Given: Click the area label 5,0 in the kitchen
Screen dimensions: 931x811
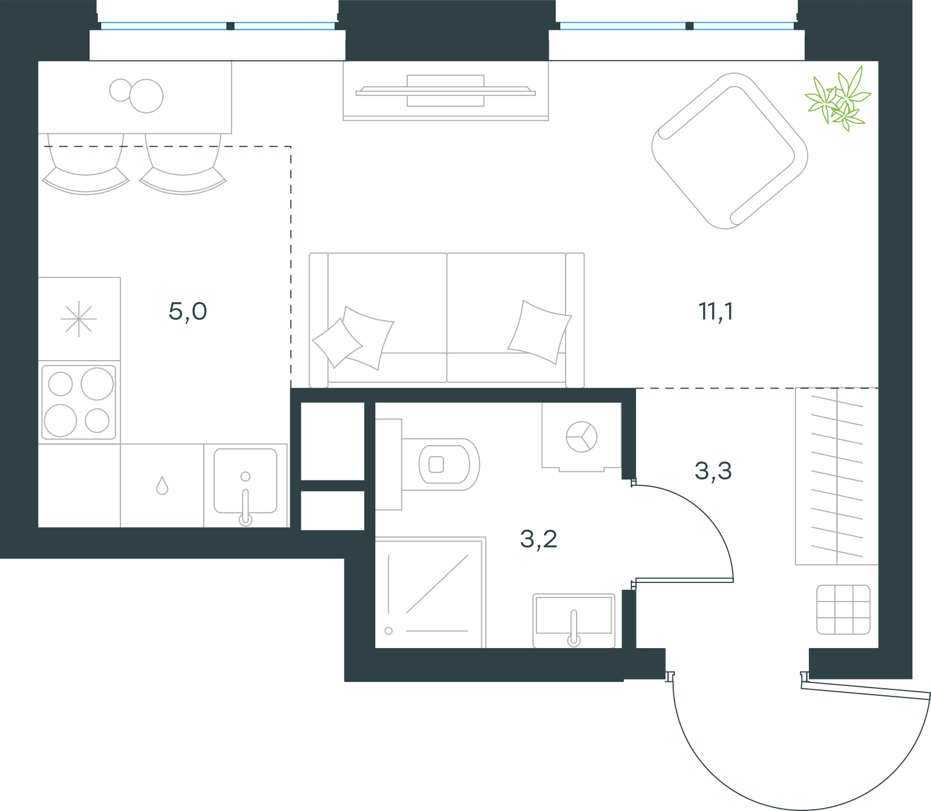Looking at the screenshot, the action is [187, 312].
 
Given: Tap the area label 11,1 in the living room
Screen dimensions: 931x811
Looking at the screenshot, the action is [716, 312].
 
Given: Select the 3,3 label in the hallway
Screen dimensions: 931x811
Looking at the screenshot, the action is [713, 471].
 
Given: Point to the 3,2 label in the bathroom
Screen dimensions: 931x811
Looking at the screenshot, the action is [538, 539].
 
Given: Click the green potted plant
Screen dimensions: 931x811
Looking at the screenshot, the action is [838, 99].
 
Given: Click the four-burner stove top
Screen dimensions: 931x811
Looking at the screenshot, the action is [79, 402].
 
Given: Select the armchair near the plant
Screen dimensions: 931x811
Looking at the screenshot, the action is [730, 151].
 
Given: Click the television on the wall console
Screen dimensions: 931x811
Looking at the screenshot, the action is [446, 91].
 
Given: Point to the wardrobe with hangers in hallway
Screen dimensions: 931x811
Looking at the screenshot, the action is [837, 476].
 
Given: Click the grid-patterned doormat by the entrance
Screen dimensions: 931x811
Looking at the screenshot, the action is [843, 610].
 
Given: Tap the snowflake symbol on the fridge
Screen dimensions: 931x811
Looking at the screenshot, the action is [79, 319].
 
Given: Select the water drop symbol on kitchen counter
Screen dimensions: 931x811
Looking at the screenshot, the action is [162, 486].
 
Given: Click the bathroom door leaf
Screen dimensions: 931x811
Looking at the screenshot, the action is [684, 580].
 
